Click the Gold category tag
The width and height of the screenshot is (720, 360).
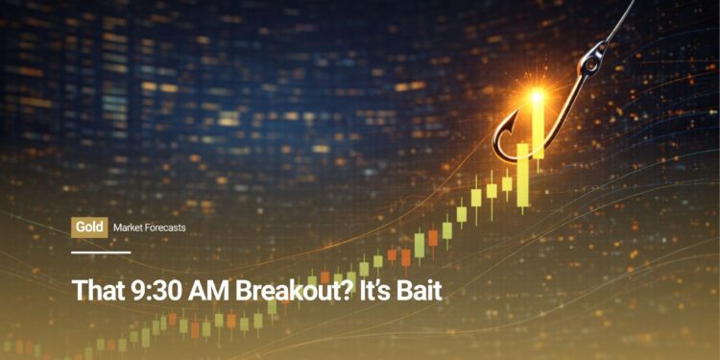point(88,228)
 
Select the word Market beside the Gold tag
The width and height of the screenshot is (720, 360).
point(129,228)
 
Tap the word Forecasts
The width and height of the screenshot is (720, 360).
point(166,228)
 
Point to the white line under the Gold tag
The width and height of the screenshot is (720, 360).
point(101,252)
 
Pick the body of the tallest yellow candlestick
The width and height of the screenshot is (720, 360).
point(539,128)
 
